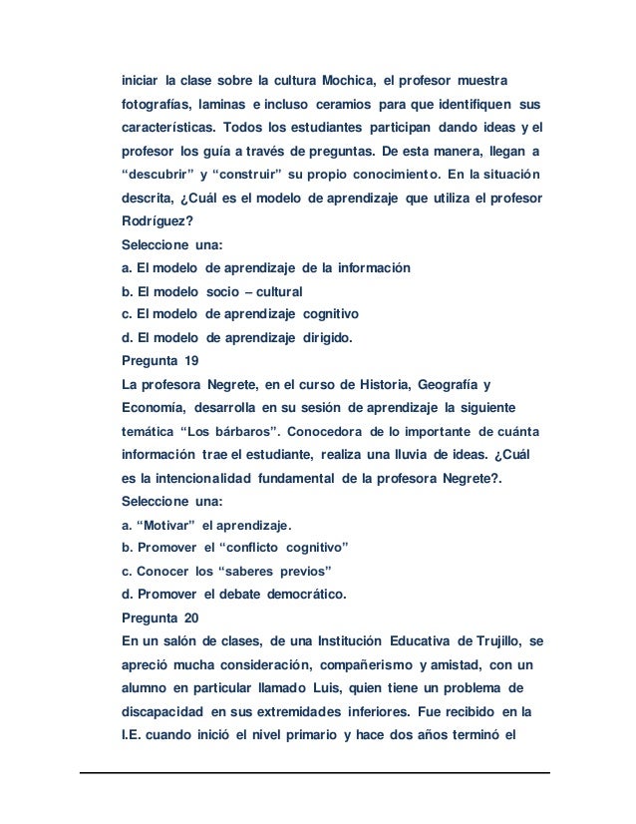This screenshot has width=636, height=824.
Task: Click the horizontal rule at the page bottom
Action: click(317, 772)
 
